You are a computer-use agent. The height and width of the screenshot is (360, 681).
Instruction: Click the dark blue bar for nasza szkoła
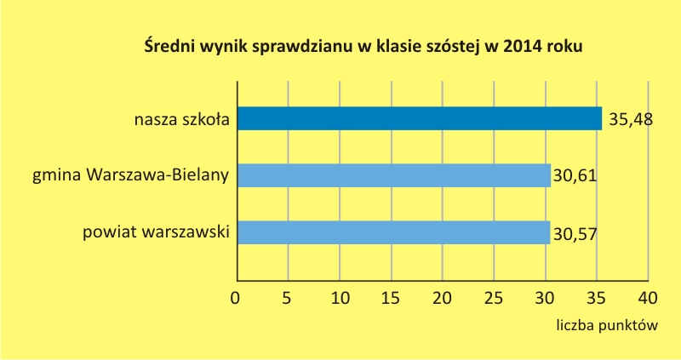[420, 118]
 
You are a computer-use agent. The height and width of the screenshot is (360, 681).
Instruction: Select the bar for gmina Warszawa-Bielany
[394, 175]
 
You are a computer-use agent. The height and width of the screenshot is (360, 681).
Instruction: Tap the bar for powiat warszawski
[394, 232]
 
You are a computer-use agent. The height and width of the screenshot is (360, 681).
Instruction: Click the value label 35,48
[631, 119]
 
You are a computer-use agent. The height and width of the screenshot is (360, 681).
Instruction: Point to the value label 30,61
[575, 176]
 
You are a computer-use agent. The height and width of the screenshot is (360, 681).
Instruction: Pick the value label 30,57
[575, 235]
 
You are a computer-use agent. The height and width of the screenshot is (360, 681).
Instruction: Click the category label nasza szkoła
[181, 119]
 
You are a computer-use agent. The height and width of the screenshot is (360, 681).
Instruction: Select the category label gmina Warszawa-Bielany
[131, 175]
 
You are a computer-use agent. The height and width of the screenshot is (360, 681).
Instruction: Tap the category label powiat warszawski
[156, 231]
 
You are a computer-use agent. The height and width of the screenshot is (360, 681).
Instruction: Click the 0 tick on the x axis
[235, 299]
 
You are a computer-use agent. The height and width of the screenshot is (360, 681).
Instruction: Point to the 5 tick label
[286, 299]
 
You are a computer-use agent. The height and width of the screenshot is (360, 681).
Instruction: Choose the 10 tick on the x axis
[340, 299]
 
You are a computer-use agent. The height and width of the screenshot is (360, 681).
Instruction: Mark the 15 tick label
[391, 299]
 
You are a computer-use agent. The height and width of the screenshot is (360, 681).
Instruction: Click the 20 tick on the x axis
[442, 299]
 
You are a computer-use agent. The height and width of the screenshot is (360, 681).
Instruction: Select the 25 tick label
[494, 299]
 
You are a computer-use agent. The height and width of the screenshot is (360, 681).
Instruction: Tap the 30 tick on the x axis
[545, 299]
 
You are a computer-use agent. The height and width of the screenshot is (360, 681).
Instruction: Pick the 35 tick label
[596, 299]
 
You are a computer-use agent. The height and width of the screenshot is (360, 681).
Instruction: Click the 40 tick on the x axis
[648, 299]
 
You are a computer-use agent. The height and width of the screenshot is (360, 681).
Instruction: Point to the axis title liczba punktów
[607, 325]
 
